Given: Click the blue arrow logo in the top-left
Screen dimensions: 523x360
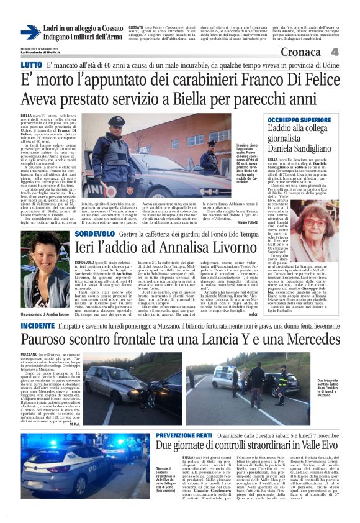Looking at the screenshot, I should click(x=30, y=33).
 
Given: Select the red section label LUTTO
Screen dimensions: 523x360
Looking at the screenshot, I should click(x=31, y=65).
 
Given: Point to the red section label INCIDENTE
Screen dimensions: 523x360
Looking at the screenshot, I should click(x=37, y=325).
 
